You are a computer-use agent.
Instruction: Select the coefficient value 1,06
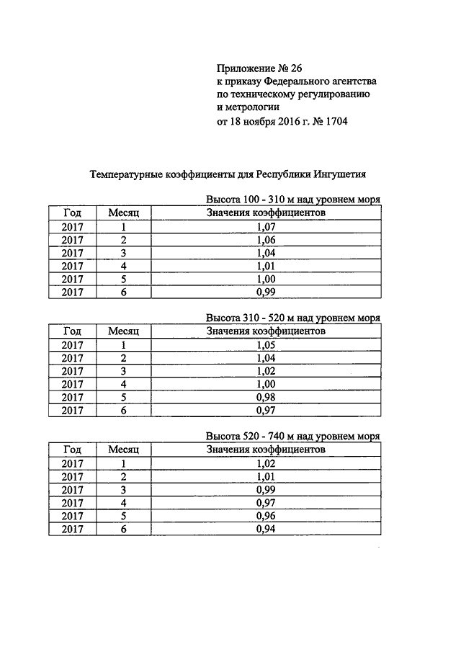266,240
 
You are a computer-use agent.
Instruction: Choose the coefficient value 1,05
266,345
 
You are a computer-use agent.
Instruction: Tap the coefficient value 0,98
266,397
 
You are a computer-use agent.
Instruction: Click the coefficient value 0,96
266,516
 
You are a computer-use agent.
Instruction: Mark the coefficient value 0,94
266,530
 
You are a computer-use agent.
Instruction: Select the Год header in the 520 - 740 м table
72,450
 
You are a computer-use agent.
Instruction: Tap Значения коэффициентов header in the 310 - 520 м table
265,331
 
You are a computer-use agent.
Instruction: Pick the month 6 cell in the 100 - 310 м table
124,292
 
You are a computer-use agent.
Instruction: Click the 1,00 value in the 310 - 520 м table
266,384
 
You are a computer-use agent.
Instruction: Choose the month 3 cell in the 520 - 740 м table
124,490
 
